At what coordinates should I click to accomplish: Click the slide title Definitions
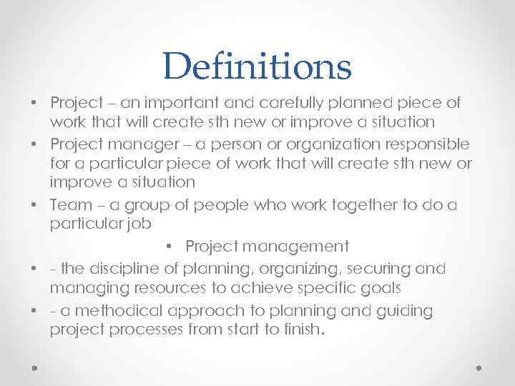[x=257, y=66]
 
